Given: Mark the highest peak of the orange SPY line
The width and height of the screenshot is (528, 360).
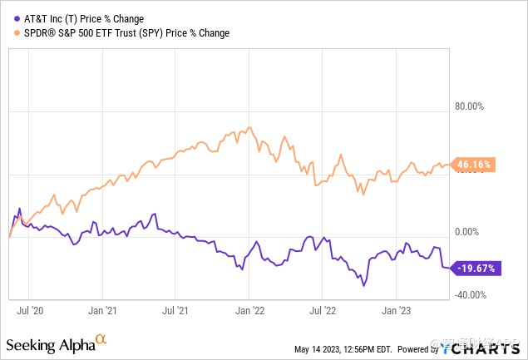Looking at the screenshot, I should [249, 128].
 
